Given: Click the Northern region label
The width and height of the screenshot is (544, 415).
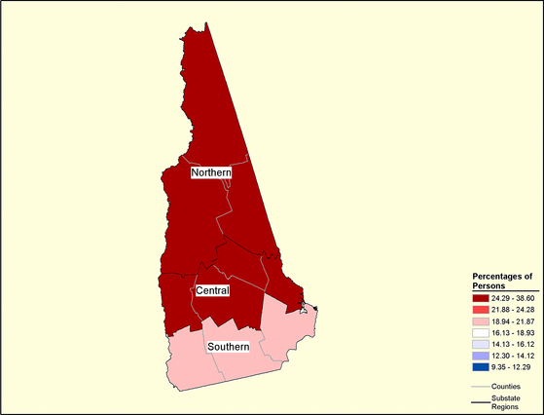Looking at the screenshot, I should pos(210,173).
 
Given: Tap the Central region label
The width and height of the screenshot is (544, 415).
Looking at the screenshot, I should pos(212,291).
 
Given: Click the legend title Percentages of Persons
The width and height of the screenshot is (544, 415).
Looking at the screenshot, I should pos(502,282).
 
